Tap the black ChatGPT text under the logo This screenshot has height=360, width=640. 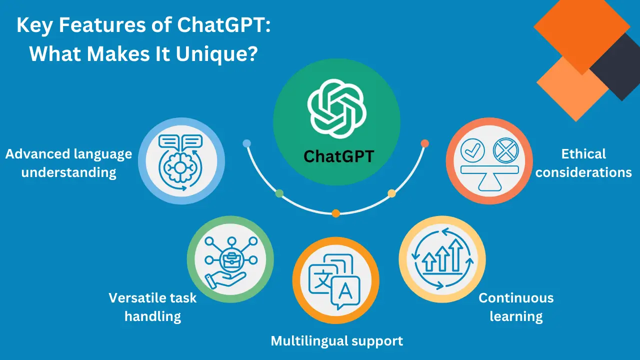(338, 156)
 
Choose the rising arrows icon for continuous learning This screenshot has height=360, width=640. (442, 258)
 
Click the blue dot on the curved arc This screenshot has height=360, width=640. (246, 143)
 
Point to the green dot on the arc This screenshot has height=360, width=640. (279, 193)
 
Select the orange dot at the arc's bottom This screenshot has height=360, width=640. (336, 213)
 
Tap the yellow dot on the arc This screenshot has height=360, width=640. (392, 193)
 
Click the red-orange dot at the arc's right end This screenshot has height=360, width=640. (425, 143)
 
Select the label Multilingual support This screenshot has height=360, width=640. (336, 341)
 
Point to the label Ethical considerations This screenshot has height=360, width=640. (583, 163)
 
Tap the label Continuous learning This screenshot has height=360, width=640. (516, 307)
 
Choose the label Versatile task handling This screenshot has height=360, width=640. (152, 307)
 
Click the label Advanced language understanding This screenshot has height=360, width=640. (69, 163)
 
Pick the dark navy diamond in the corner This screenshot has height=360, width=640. (616, 66)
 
